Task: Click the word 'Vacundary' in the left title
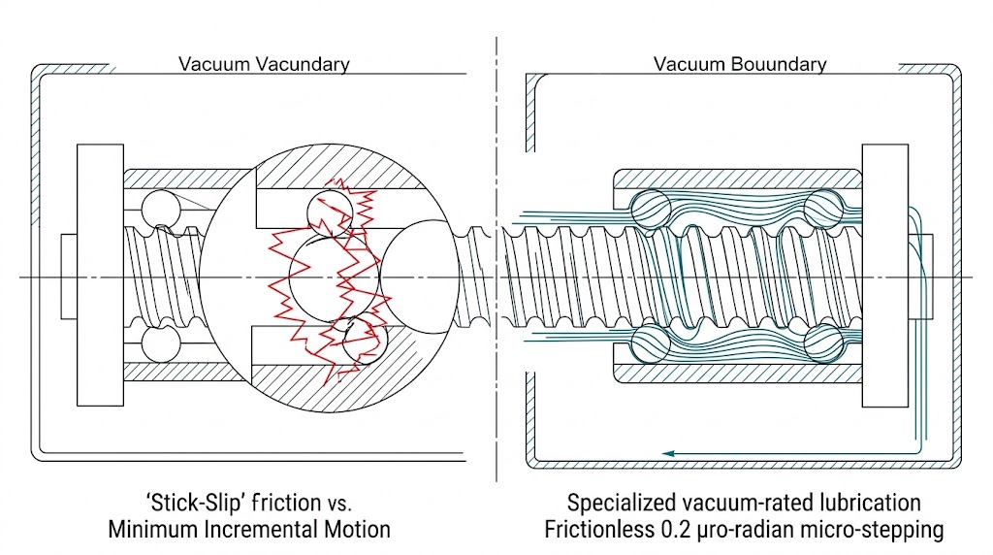[303, 65]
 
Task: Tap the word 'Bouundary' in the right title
[780, 65]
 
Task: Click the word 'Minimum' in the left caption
[153, 530]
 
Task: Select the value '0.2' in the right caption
[685, 530]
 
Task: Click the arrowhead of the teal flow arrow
[666, 451]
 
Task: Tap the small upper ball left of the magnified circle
[156, 209]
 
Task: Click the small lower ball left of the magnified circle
[156, 344]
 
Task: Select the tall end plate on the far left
[100, 276]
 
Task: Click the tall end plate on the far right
[883, 276]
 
